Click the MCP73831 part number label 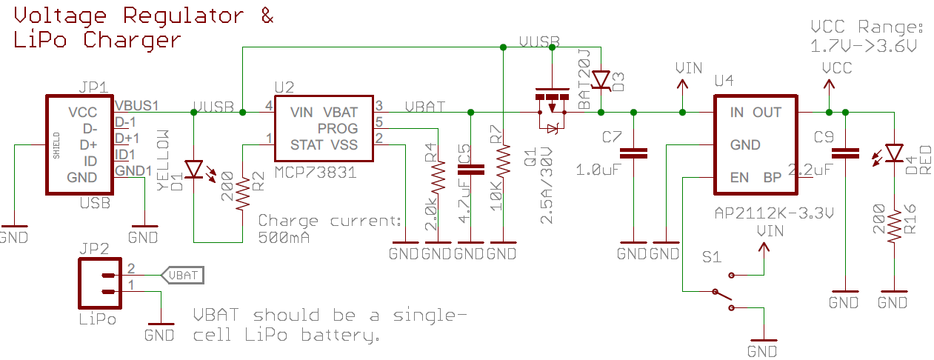pos(316,173)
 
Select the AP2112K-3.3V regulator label pos(774,213)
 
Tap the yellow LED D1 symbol pos(194,170)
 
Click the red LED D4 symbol pos(894,153)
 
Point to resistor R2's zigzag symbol pos(243,193)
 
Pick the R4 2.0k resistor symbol pos(438,177)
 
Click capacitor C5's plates pos(471,169)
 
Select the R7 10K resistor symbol pos(503,161)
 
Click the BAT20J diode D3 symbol pos(601,80)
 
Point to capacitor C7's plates pos(633,153)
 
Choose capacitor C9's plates pos(845,153)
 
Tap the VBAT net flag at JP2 pos(183,276)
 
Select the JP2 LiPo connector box pos(100,283)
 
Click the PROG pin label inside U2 pos(337,128)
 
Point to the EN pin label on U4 pos(739,178)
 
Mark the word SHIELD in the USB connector pos(56,145)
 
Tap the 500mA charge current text pos(284,238)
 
